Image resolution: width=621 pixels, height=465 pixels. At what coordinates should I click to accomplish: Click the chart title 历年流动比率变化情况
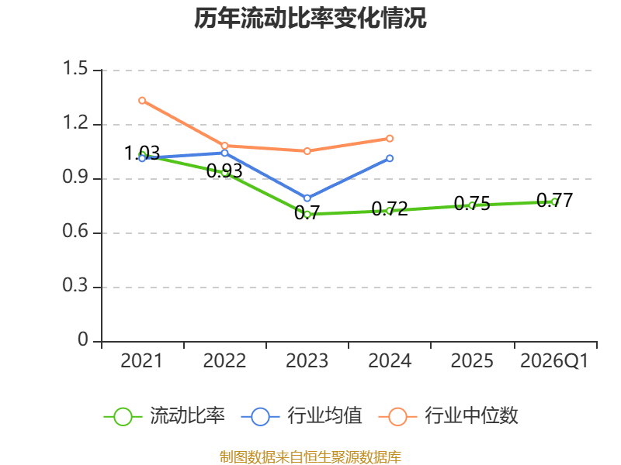pyautogui.click(x=310, y=18)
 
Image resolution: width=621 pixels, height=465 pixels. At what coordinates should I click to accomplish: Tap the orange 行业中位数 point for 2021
pyautogui.click(x=142, y=101)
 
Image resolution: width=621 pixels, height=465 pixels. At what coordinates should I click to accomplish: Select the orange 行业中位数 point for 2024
pyautogui.click(x=390, y=139)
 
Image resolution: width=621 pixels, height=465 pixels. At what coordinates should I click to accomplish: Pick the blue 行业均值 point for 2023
pyautogui.click(x=307, y=198)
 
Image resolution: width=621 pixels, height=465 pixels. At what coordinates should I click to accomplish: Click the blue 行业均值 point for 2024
pyautogui.click(x=390, y=158)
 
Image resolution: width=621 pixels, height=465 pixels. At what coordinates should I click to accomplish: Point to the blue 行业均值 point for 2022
pyautogui.click(x=224, y=153)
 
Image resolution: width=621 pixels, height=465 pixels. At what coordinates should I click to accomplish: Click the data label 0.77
pyautogui.click(x=554, y=201)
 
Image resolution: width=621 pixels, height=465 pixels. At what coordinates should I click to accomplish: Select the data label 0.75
pyautogui.click(x=472, y=204)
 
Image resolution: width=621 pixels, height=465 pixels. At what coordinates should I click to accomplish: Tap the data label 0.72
pyautogui.click(x=390, y=208)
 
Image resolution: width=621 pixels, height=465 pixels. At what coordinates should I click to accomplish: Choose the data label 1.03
pyautogui.click(x=142, y=153)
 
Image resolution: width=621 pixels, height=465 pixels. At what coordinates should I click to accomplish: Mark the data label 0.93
pyautogui.click(x=224, y=170)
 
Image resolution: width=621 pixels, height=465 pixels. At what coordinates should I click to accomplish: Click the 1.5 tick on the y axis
pyautogui.click(x=75, y=68)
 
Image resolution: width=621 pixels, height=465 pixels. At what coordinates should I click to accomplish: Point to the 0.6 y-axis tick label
pyautogui.click(x=75, y=231)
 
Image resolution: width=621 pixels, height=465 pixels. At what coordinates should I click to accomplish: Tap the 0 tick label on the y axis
pyautogui.click(x=83, y=339)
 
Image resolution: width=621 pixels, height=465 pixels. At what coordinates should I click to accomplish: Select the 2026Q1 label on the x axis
pyautogui.click(x=554, y=361)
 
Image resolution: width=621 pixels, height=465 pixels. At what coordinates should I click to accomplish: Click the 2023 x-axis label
pyautogui.click(x=307, y=361)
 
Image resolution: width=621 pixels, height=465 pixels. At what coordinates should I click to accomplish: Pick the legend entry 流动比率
pyautogui.click(x=165, y=416)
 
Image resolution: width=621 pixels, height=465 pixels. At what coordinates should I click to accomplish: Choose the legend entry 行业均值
pyautogui.click(x=301, y=416)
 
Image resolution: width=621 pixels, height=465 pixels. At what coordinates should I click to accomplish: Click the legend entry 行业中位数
pyautogui.click(x=449, y=416)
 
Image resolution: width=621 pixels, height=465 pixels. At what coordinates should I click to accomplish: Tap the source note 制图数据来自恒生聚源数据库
pyautogui.click(x=310, y=457)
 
